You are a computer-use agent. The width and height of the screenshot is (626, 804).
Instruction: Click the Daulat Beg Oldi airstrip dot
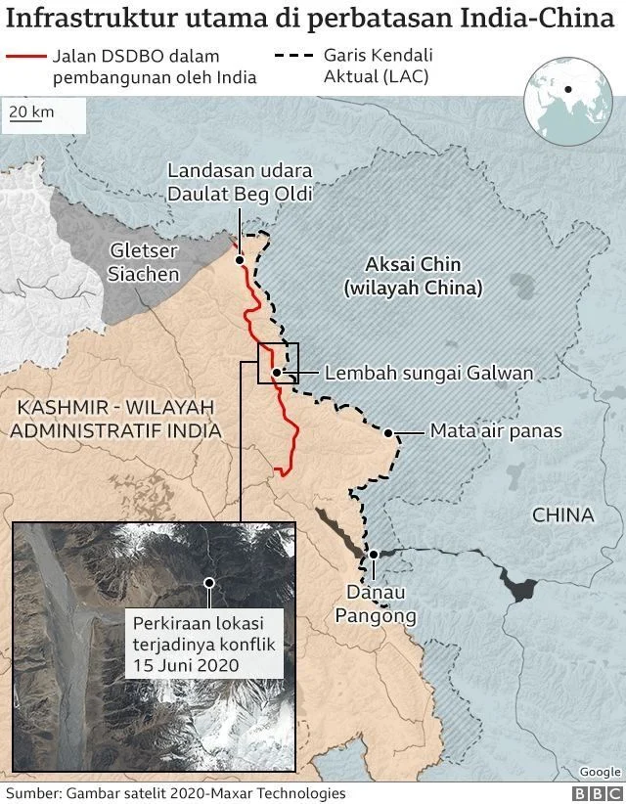click(240, 259)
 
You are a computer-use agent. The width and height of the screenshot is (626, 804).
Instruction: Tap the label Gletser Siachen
click(145, 262)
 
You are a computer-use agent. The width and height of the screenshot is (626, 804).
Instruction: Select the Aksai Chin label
click(413, 276)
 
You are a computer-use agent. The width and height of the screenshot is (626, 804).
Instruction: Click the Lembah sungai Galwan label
click(428, 373)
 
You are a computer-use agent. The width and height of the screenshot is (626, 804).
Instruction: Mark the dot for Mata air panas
click(388, 432)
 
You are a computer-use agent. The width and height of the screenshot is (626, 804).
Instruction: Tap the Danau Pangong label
click(377, 603)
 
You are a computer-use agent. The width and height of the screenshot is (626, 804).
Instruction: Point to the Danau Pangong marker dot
click(373, 556)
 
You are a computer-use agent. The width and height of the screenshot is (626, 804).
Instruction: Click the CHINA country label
click(562, 515)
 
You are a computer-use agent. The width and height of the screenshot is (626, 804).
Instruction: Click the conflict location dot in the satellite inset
click(208, 582)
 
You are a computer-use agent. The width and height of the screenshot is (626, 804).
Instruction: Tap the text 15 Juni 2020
click(181, 665)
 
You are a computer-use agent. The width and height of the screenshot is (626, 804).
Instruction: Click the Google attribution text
click(600, 772)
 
